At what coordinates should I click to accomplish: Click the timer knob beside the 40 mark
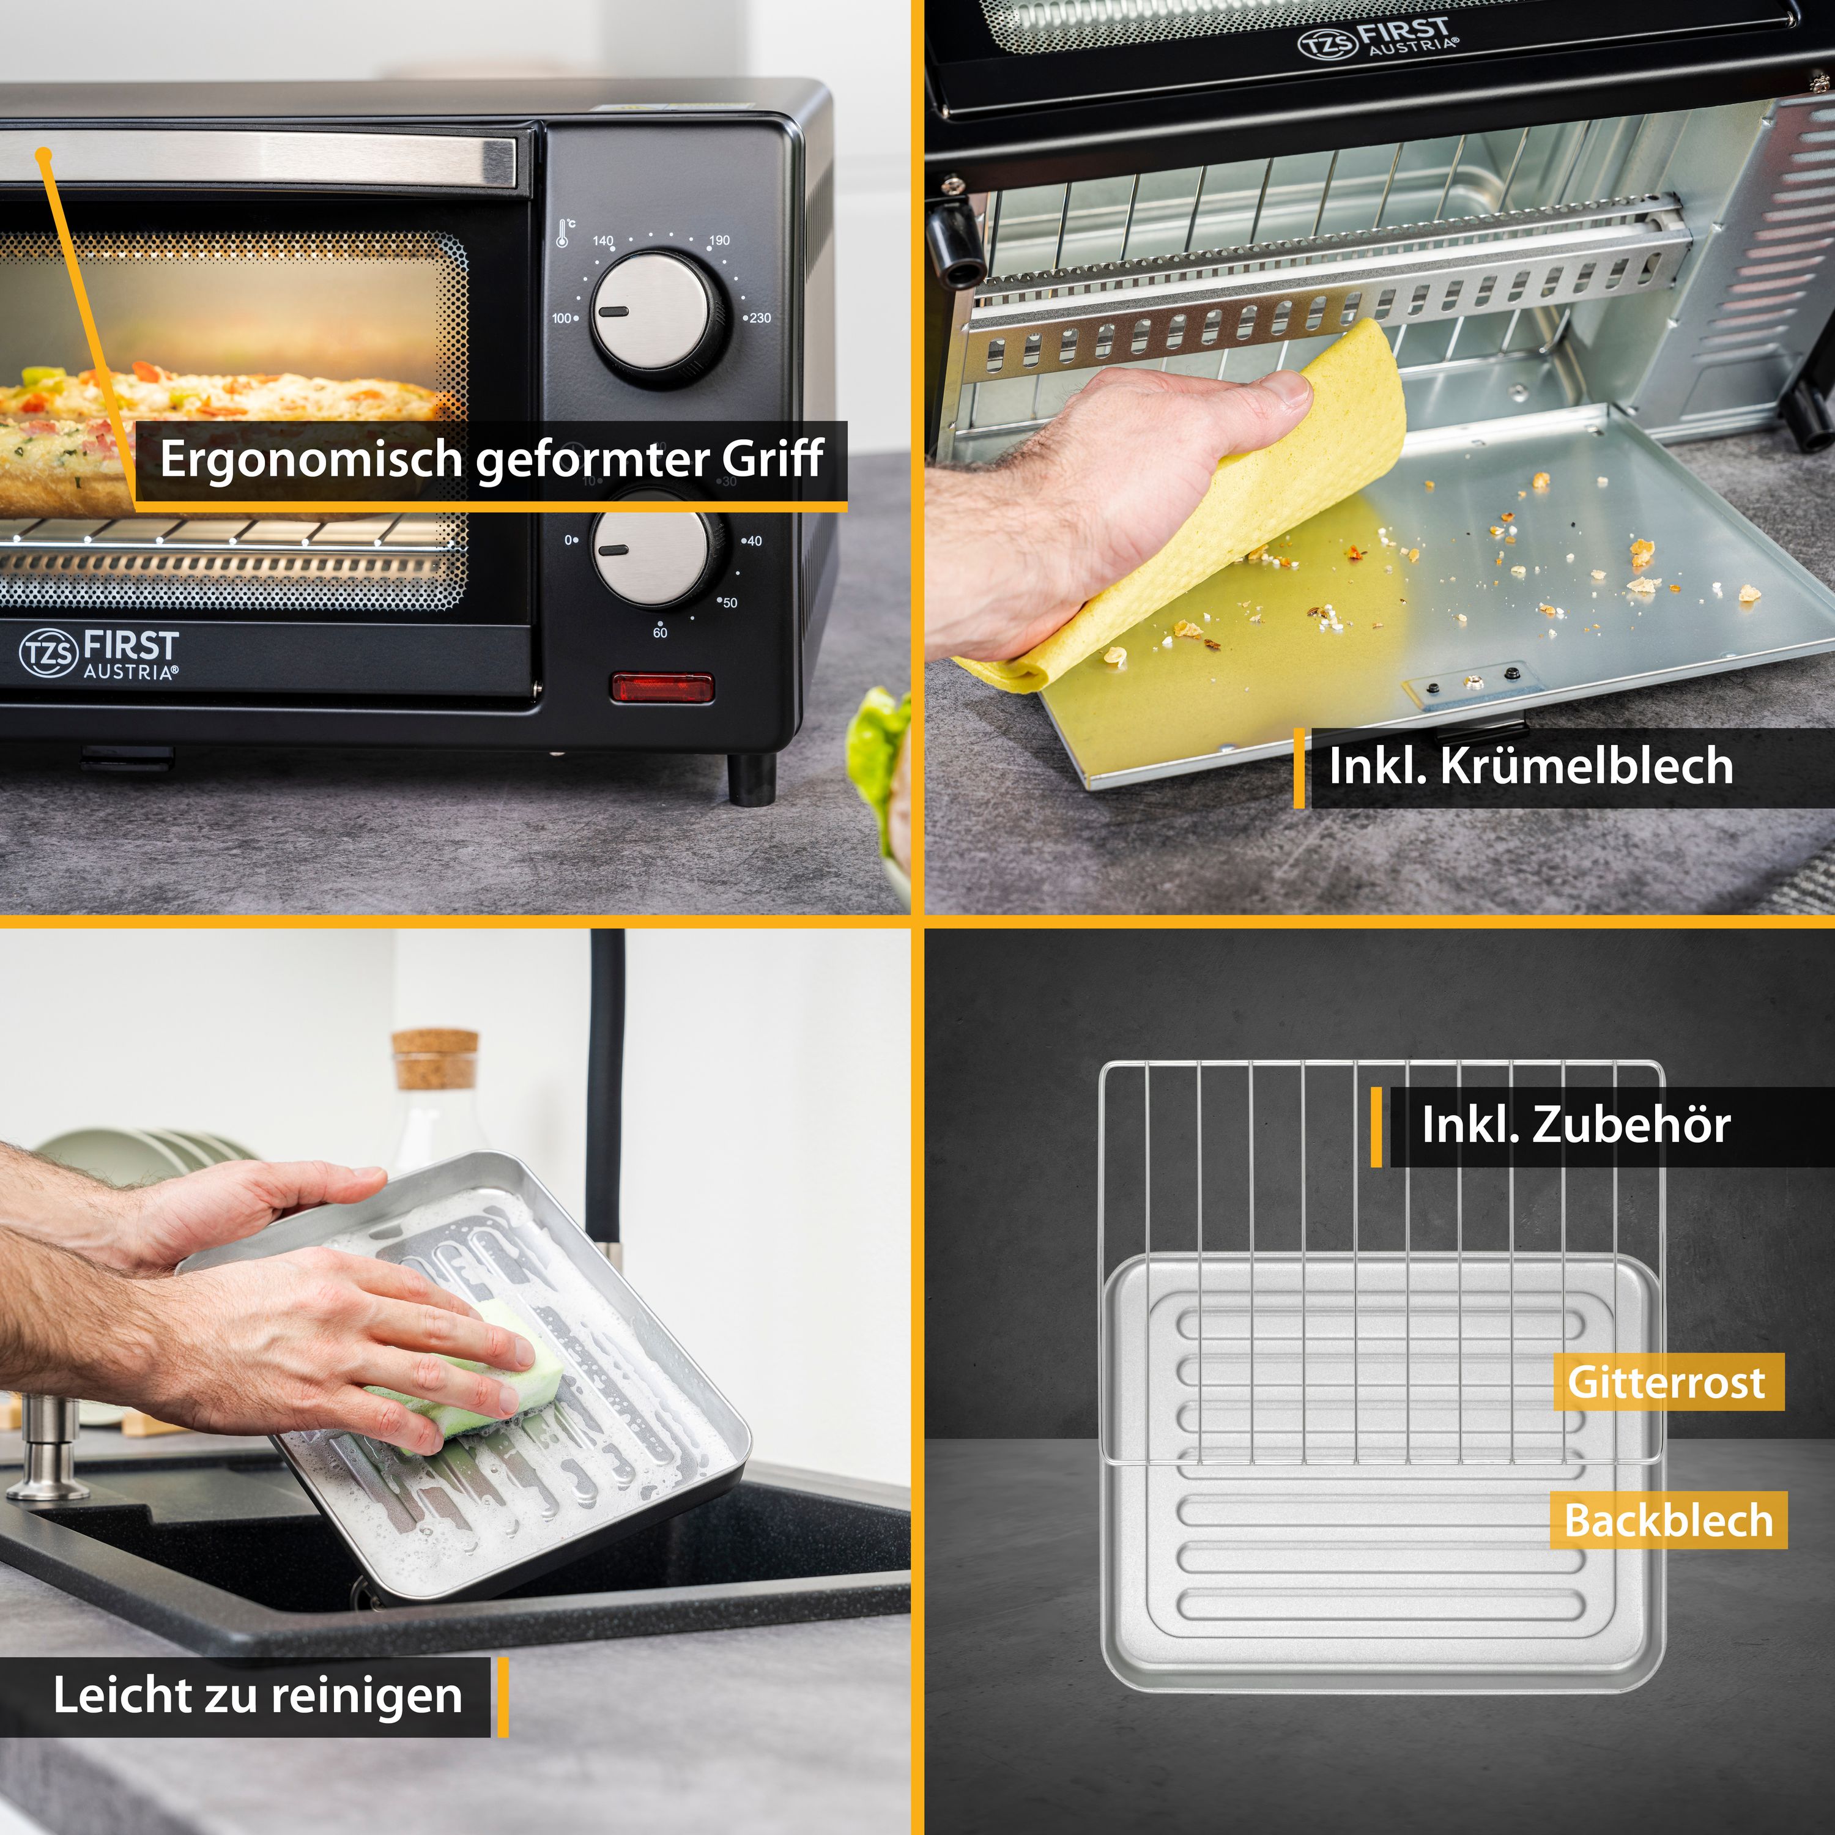click(x=651, y=551)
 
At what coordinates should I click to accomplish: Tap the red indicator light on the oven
click(x=662, y=687)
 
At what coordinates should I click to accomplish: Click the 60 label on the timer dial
click(x=660, y=632)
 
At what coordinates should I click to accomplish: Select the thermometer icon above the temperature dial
click(x=564, y=232)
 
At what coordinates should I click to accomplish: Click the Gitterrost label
click(x=1667, y=1382)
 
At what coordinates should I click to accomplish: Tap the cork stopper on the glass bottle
click(x=435, y=1059)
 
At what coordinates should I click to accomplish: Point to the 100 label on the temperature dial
click(x=564, y=318)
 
